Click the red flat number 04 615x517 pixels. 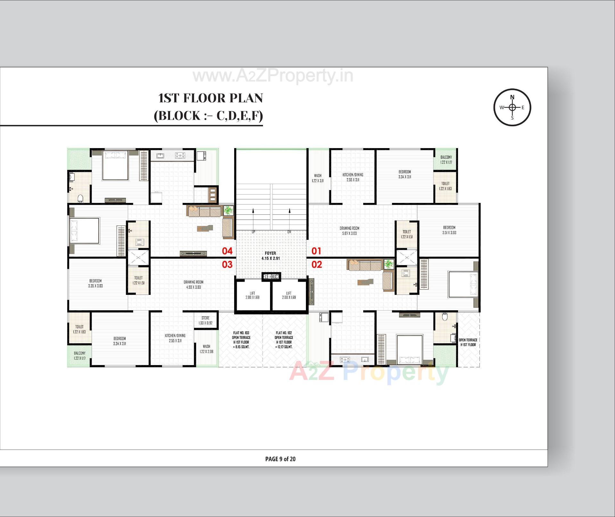[x=227, y=251]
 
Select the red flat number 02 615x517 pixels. [x=316, y=264]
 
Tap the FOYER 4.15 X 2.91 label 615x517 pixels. [x=271, y=255]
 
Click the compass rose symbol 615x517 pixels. [x=512, y=107]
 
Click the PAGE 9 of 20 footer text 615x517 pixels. [x=280, y=459]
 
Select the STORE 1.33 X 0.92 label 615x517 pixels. [x=206, y=321]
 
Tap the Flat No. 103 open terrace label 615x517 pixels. [x=241, y=340]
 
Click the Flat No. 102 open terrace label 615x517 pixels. [x=284, y=340]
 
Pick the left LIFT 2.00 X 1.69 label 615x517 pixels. [x=252, y=295]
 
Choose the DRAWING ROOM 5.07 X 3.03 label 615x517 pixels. [x=349, y=231]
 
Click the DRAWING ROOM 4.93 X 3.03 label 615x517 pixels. [x=193, y=285]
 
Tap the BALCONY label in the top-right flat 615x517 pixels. [x=446, y=160]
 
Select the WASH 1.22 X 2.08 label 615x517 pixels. [x=206, y=349]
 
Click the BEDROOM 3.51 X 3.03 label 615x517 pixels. [x=449, y=230]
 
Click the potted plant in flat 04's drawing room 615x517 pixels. [x=228, y=211]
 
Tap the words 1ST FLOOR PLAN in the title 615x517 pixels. [x=210, y=98]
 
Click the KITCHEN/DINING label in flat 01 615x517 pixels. [x=353, y=177]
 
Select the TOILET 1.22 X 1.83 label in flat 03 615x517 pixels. [x=79, y=329]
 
